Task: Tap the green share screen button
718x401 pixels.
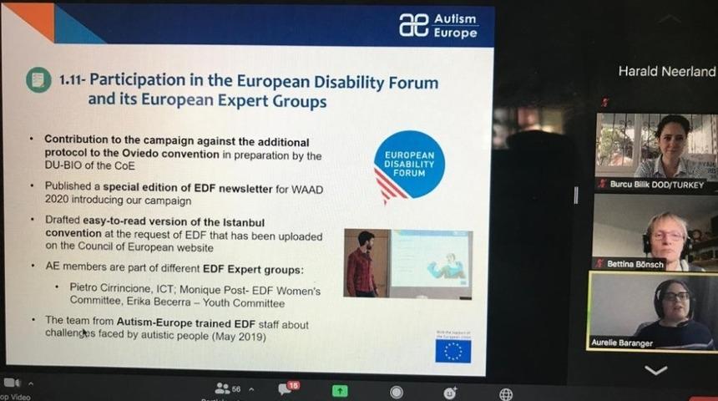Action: tap(339, 390)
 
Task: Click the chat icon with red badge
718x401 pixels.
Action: tap(286, 389)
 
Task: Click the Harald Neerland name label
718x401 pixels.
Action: tap(666, 72)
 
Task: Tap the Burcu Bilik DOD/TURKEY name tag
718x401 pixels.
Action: tap(655, 184)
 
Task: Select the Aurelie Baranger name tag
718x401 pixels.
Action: tap(624, 343)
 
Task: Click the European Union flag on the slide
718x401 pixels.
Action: tap(453, 351)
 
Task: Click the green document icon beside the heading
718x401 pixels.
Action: tap(38, 80)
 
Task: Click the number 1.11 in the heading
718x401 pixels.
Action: tap(71, 81)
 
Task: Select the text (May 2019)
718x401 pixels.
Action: tap(240, 336)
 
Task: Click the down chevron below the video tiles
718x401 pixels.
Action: tap(655, 370)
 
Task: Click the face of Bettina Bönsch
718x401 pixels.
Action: tap(666, 234)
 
